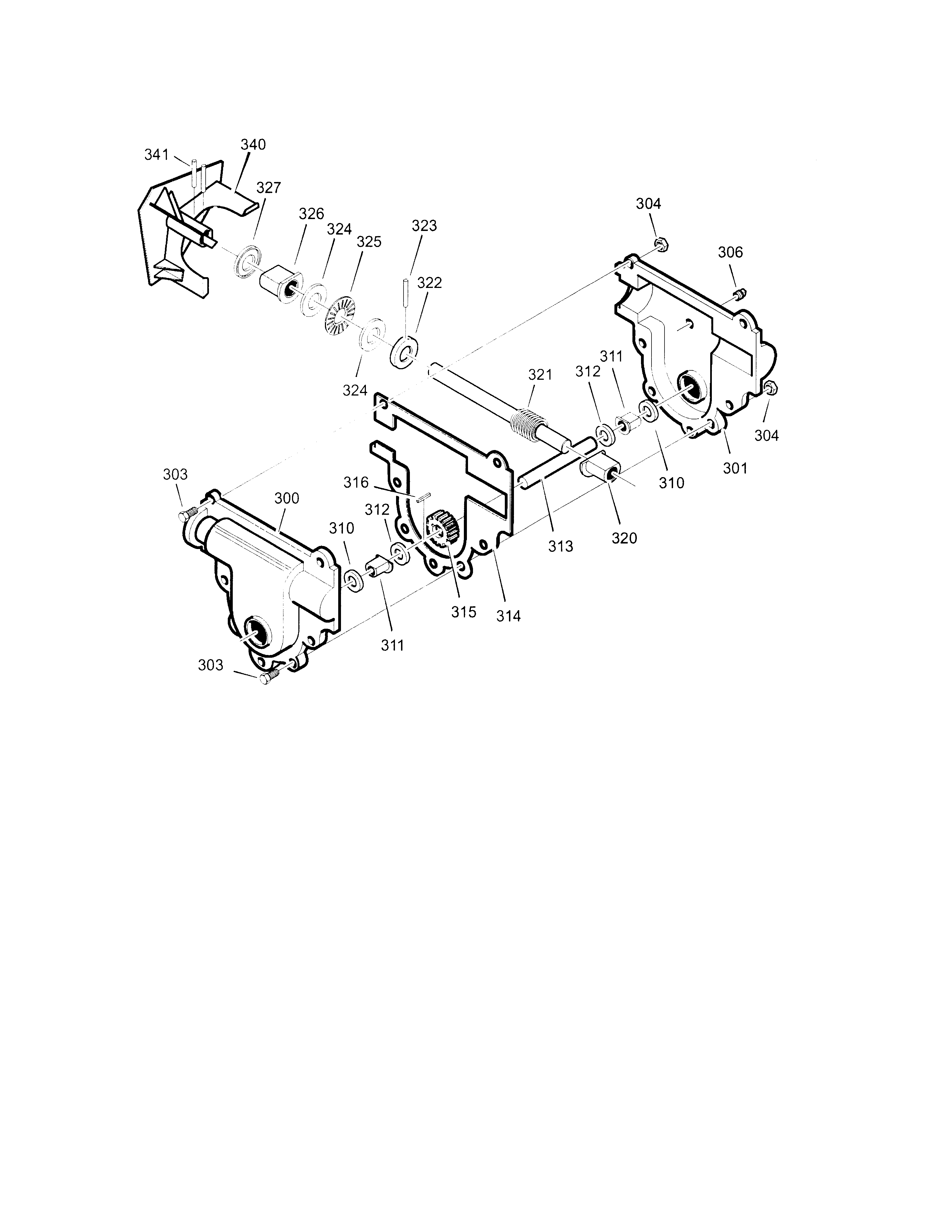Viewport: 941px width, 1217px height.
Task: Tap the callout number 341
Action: click(157, 155)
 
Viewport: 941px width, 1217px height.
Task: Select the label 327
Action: click(269, 188)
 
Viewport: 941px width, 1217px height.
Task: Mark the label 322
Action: click(429, 283)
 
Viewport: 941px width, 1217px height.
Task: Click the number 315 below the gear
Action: click(464, 612)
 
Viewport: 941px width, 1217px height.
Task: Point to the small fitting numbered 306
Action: click(740, 294)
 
